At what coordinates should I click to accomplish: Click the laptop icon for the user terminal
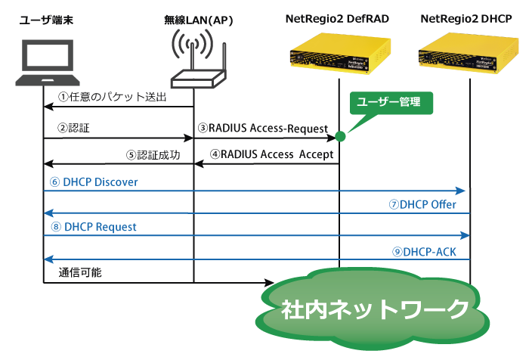48,63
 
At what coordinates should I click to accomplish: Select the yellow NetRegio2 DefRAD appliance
340,53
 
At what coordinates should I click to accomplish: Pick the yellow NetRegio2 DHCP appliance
469,53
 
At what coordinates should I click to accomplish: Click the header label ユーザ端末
47,20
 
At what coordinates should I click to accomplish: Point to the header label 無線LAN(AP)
199,20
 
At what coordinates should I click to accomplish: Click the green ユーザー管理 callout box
391,103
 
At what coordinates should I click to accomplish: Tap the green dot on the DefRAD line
340,137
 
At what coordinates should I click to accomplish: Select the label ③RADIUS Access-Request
263,128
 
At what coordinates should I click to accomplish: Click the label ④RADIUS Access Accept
272,154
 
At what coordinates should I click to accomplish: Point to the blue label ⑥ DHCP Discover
94,182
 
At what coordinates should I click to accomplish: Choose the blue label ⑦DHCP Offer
422,204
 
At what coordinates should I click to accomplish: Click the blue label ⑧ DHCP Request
94,227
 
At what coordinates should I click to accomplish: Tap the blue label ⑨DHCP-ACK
424,252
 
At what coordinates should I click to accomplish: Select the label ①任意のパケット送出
113,97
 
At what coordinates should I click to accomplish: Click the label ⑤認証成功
153,155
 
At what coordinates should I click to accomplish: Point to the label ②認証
73,128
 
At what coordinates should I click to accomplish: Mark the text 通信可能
80,272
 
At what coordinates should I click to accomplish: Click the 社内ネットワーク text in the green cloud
375,309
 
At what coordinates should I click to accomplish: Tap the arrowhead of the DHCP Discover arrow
460,191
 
